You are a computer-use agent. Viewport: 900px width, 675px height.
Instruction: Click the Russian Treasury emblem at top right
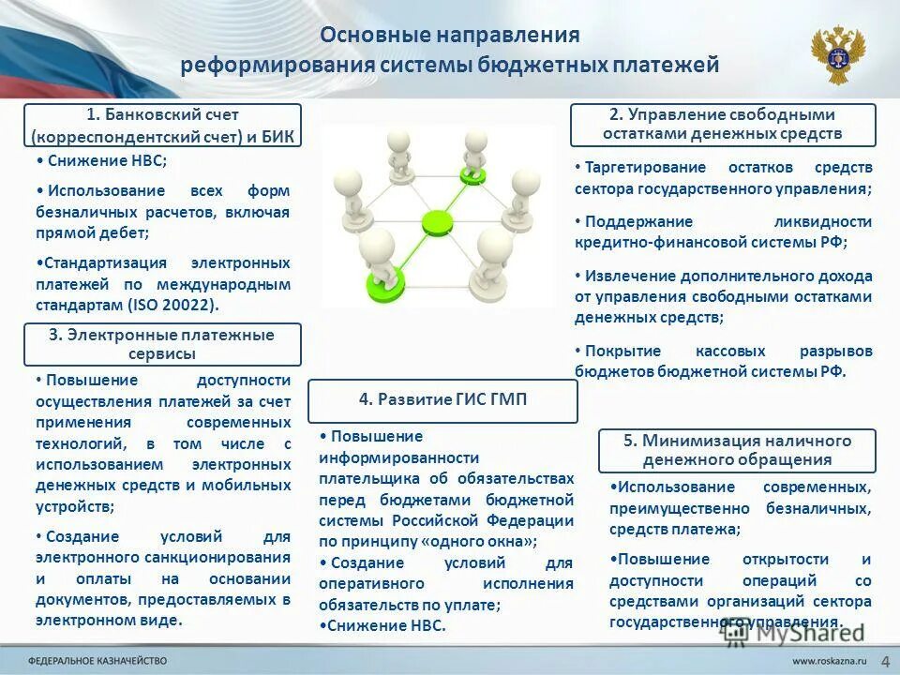point(837,55)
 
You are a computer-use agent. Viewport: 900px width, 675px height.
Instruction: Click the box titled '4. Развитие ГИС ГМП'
point(442,399)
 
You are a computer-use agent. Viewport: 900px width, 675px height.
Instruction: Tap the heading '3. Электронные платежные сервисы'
point(161,344)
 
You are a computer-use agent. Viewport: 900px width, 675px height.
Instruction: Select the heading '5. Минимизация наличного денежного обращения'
point(737,450)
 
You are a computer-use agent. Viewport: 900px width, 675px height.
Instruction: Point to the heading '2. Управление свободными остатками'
point(722,124)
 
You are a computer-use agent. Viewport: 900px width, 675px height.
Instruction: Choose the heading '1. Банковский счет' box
point(162,126)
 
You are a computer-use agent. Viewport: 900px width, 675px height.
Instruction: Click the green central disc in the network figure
point(437,223)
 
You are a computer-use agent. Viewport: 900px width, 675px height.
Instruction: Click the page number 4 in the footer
point(884,660)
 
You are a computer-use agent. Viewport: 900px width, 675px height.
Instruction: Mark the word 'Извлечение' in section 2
point(624,277)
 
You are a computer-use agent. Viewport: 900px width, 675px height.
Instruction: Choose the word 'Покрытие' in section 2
point(616,351)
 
